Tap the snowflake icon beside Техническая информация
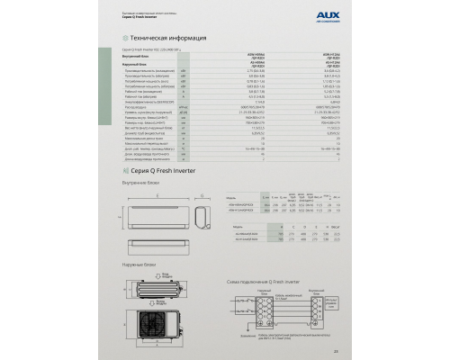[125, 40]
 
